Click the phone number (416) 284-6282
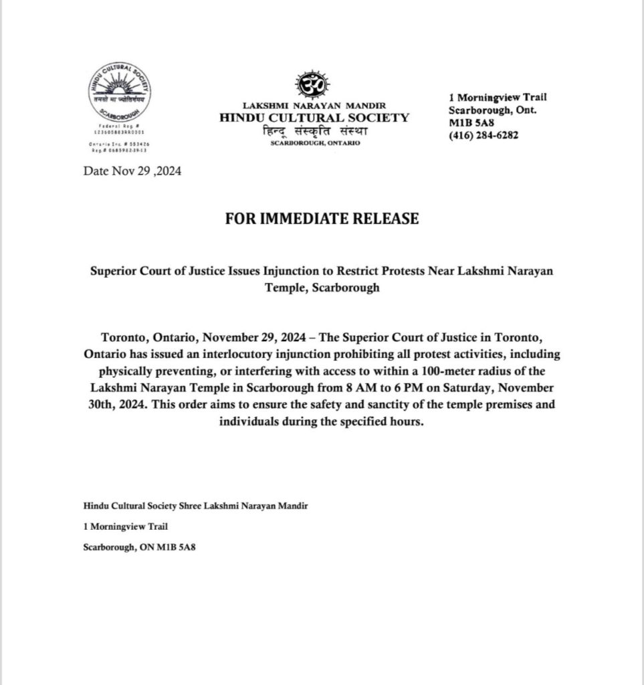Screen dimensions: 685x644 (484, 135)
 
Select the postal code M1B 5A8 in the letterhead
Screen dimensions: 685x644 (469, 123)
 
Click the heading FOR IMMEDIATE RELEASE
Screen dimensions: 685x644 (322, 219)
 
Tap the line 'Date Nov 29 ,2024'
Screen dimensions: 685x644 (132, 171)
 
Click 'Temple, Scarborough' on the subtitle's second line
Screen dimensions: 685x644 (322, 289)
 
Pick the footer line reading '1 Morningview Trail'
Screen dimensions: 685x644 (120, 526)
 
